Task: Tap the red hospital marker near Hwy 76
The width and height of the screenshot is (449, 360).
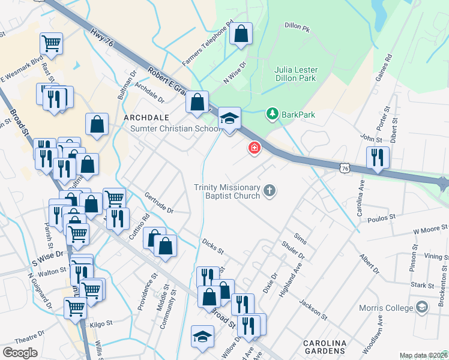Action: pyautogui.click(x=254, y=148)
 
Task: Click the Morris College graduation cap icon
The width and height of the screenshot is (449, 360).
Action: pyautogui.click(x=423, y=308)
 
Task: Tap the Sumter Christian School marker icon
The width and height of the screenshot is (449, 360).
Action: pyautogui.click(x=229, y=118)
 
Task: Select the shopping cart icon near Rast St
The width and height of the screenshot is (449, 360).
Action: pyautogui.click(x=52, y=43)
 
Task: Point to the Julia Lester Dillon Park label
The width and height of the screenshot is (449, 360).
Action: pyautogui.click(x=296, y=74)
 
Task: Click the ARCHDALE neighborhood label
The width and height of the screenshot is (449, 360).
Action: pyautogui.click(x=146, y=117)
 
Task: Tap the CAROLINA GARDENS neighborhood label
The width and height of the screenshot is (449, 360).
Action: pyautogui.click(x=325, y=347)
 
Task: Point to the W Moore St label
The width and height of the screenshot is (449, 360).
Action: pyautogui.click(x=430, y=229)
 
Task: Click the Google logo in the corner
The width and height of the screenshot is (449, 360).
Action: pyautogui.click(x=20, y=353)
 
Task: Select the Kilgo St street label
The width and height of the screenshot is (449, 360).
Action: pyautogui.click(x=101, y=324)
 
